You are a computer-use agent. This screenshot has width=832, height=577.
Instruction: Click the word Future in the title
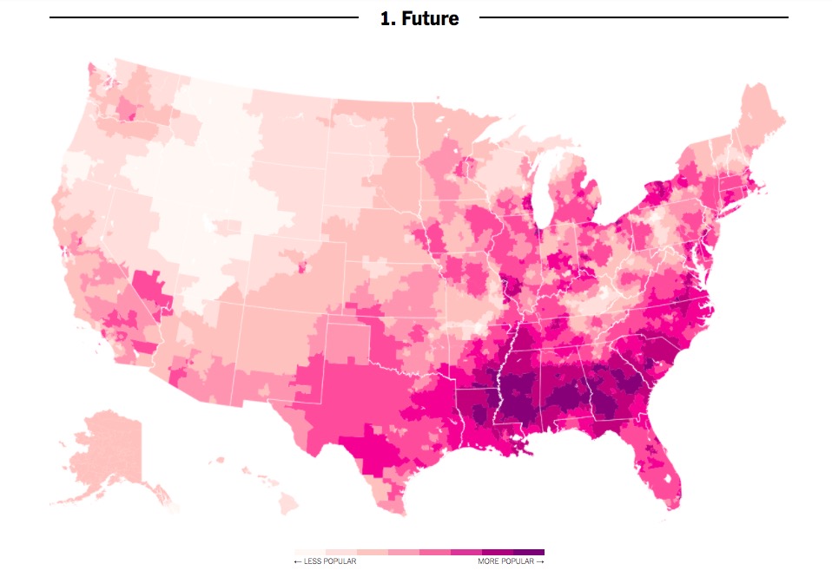click(x=430, y=18)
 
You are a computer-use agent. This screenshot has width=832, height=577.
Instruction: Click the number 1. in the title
click(x=388, y=18)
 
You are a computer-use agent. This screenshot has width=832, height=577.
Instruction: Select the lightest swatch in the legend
click(x=309, y=552)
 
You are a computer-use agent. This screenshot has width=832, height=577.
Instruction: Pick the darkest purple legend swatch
click(x=528, y=552)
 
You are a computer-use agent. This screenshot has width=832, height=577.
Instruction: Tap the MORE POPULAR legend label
click(x=506, y=561)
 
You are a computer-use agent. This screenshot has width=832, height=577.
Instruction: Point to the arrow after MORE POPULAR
click(x=540, y=561)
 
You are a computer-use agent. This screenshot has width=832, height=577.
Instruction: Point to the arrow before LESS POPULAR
click(x=298, y=561)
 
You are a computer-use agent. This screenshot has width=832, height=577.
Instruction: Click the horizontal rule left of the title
click(x=203, y=16)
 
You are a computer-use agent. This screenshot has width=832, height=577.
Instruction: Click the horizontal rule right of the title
click(x=633, y=16)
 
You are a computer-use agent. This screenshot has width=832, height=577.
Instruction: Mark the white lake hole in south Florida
click(x=667, y=476)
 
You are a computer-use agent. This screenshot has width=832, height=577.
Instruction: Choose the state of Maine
click(x=760, y=117)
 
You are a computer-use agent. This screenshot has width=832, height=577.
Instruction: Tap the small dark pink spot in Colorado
click(x=302, y=267)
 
